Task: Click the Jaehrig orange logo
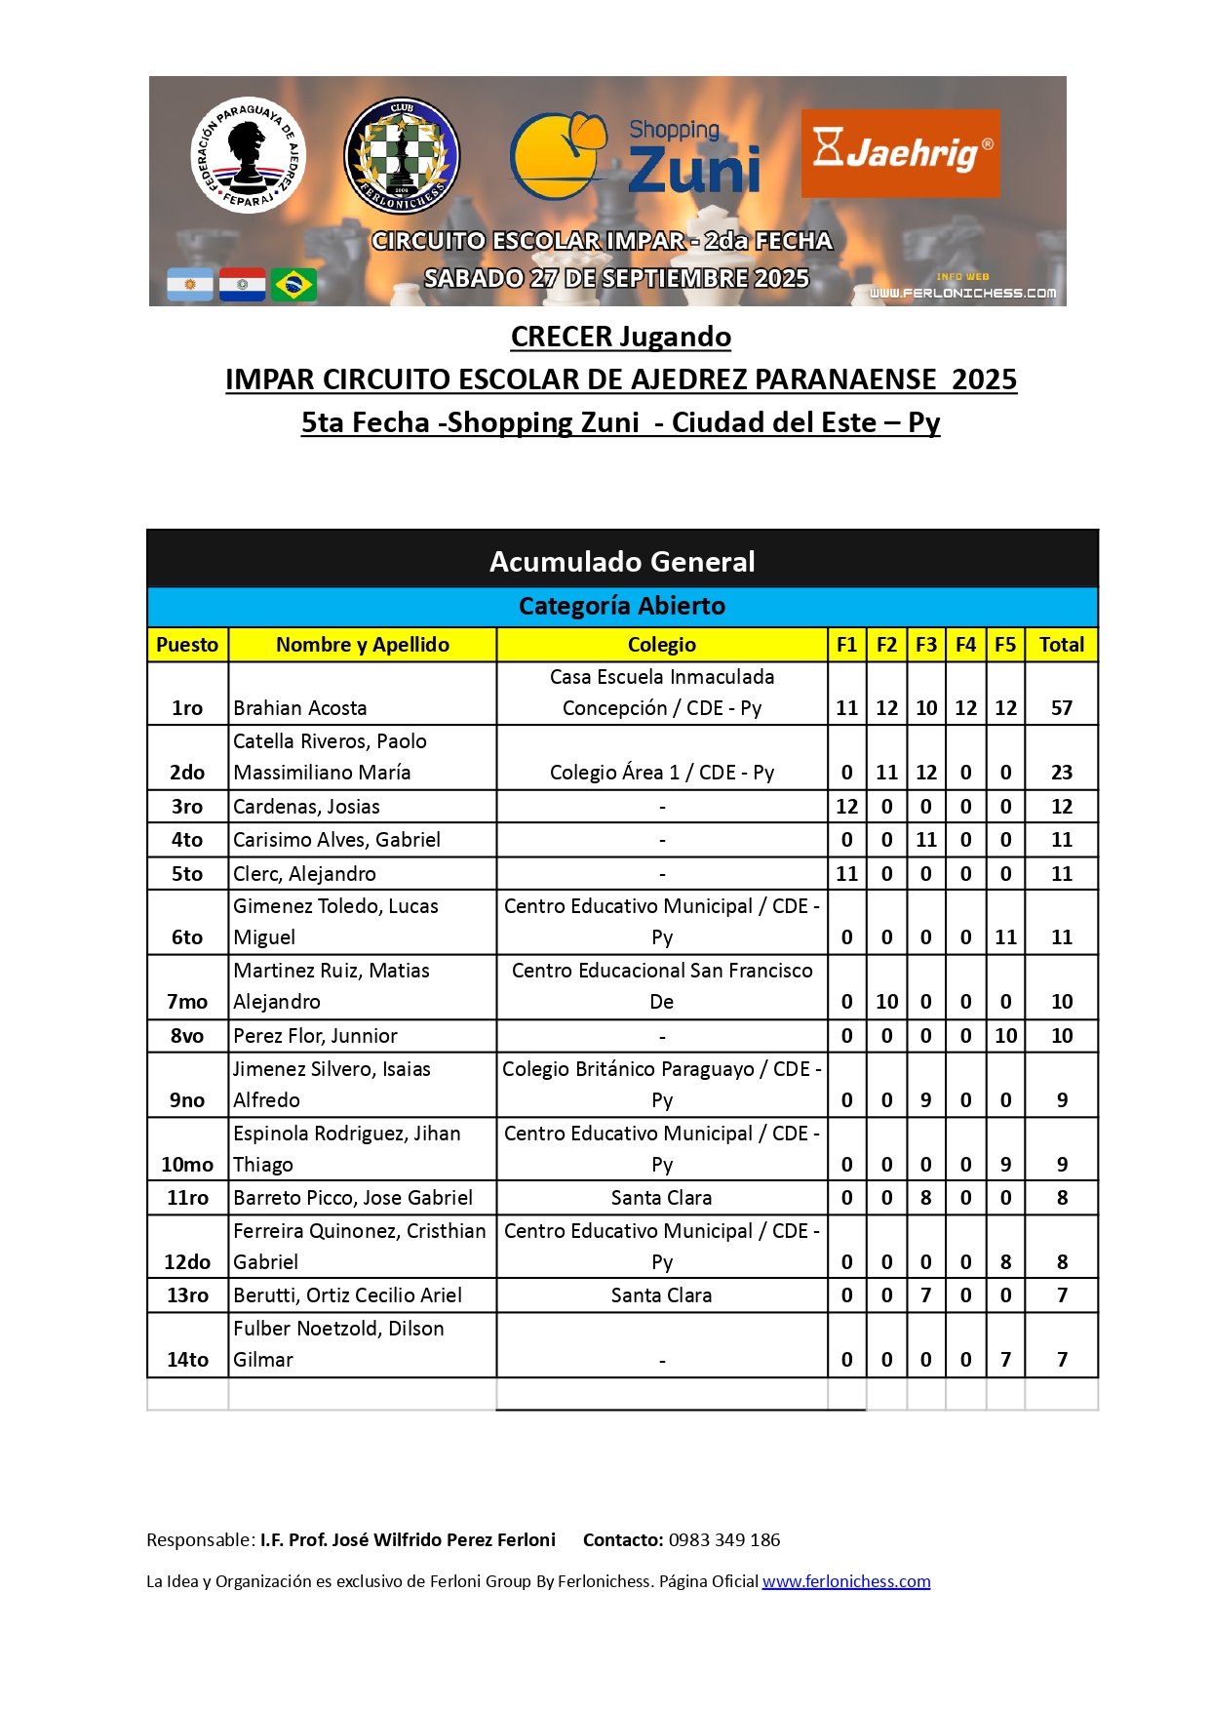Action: (x=900, y=153)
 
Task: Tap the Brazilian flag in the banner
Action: (x=293, y=285)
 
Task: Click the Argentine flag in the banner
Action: (x=190, y=285)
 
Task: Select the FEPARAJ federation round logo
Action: (x=248, y=154)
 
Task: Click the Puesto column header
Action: (x=187, y=645)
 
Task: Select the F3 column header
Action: (x=925, y=645)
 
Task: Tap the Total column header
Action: (x=1061, y=645)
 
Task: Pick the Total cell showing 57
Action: (x=1061, y=708)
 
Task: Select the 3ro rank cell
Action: (x=187, y=807)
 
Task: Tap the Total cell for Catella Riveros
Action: (x=1061, y=773)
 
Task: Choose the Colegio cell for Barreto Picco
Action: (x=661, y=1198)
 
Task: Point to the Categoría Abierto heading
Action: (x=622, y=607)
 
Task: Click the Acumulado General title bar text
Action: (x=622, y=562)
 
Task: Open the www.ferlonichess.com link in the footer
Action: (x=845, y=1581)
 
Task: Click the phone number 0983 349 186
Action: (x=724, y=1540)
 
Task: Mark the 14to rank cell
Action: (x=187, y=1360)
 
